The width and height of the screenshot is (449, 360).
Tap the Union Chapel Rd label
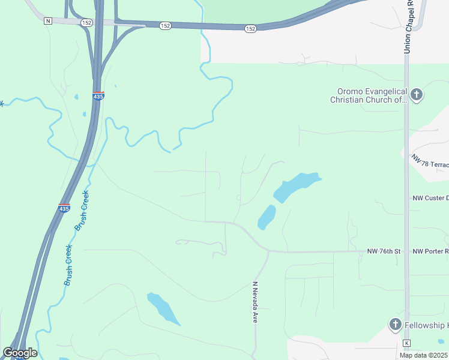pos(408,27)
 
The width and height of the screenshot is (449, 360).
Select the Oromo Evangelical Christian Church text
pos(368,96)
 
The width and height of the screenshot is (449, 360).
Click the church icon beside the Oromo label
pos(417,95)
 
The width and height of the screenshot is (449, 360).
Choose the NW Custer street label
pos(430,198)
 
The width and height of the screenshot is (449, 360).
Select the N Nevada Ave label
pos(255,303)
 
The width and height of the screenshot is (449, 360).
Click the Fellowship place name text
pos(426,325)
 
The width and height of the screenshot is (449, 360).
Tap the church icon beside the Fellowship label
pos(395,325)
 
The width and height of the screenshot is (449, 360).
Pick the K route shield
pos(406,343)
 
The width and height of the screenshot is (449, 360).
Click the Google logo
pos(20,353)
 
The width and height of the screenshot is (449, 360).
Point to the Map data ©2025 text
pos(424,355)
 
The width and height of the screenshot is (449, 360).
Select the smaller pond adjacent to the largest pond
pos(267,217)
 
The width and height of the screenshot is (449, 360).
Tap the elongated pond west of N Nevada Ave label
pos(163,308)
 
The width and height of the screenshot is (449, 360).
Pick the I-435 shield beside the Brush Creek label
pos(64,208)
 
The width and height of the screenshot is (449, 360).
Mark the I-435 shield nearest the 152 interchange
pos(98,96)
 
